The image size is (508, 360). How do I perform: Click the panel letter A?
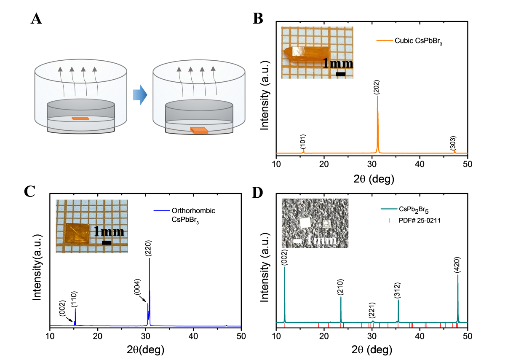(x=36, y=19)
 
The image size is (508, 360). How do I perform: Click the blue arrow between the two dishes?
(x=140, y=95)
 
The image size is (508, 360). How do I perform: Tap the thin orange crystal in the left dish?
(x=80, y=118)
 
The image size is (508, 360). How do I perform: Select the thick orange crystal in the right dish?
(x=199, y=131)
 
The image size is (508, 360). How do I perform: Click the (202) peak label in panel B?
(x=377, y=87)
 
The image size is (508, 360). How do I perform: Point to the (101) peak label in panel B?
(x=303, y=141)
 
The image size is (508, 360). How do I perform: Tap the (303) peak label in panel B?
(x=453, y=143)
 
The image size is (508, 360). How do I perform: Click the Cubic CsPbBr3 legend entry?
(x=409, y=41)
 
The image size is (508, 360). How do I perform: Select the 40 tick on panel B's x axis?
(x=420, y=164)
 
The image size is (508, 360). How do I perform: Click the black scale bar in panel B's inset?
(x=341, y=74)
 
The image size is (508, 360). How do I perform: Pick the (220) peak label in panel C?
(x=148, y=248)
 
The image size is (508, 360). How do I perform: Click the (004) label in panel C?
(x=137, y=287)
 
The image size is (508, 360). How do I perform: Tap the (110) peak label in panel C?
(x=75, y=299)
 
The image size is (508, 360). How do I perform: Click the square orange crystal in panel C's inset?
(x=78, y=234)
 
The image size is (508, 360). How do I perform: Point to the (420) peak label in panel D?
(x=457, y=265)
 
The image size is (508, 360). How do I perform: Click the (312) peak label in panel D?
(x=397, y=290)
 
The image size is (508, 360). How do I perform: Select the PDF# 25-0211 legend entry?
(x=414, y=220)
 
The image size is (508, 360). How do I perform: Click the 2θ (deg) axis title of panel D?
(x=372, y=350)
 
